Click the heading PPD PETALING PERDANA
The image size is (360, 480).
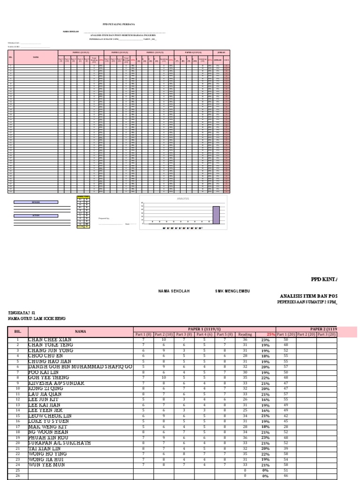point(119,24)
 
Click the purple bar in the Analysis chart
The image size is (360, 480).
point(216,215)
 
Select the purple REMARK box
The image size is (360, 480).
point(36,202)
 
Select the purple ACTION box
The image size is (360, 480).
point(36,216)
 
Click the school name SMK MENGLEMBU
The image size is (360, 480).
point(232,291)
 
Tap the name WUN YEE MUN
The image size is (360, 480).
point(45,465)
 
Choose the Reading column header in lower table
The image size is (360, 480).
point(245,334)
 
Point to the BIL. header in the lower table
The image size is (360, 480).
point(18,331)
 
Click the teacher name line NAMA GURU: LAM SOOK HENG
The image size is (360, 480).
point(37,319)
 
